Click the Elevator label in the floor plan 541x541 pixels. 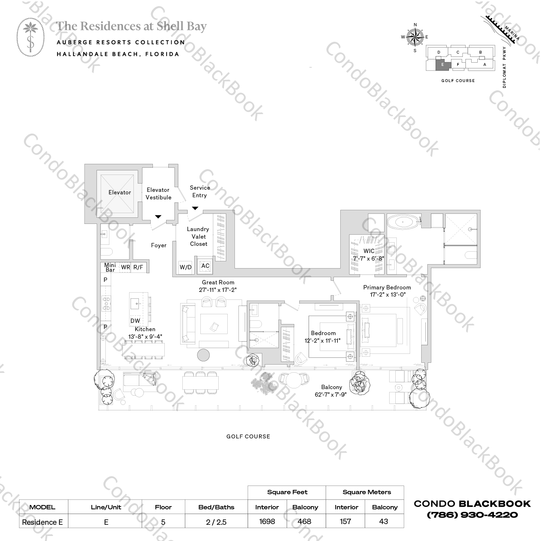tap(119, 193)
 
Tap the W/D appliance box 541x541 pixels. tap(186, 267)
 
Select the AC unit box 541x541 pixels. tap(205, 266)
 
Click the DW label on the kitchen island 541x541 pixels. tap(135, 321)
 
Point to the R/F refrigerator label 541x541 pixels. tap(138, 267)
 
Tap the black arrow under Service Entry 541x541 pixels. tap(195, 208)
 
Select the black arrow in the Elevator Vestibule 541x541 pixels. tap(158, 217)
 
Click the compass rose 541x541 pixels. tap(415, 37)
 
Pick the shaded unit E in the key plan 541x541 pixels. tap(442, 65)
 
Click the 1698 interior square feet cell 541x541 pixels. tap(267, 521)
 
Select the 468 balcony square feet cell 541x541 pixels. tap(304, 521)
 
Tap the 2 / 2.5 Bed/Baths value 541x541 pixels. tap(216, 522)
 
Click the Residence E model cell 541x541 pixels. tap(42, 522)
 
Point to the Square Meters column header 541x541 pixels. tap(367, 492)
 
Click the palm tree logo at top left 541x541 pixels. tap(31, 37)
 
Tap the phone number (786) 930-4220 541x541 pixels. tap(472, 515)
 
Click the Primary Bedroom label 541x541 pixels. tap(387, 287)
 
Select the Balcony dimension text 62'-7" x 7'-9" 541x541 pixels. tap(331, 395)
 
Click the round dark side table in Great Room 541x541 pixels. tap(203, 355)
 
